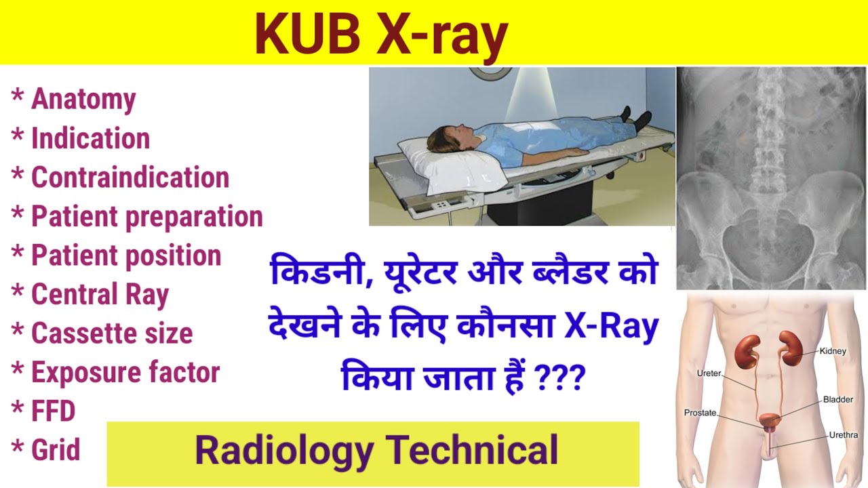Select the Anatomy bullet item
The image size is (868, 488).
click(x=83, y=100)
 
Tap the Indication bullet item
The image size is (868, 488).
click(x=90, y=139)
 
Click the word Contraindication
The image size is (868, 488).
click(x=130, y=178)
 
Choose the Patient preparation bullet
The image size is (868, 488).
click(x=146, y=217)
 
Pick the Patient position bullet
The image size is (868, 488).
click(x=125, y=256)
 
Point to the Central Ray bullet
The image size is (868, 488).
click(x=99, y=295)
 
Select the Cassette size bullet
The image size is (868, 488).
click(x=111, y=333)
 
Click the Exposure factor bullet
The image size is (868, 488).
click(x=125, y=373)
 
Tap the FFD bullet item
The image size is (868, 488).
click(x=53, y=411)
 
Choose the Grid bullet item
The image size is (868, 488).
click(x=55, y=450)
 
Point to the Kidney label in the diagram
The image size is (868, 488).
click(x=831, y=351)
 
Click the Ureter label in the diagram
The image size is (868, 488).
click(x=709, y=373)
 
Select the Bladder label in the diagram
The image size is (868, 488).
click(x=838, y=400)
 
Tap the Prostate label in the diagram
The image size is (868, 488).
click(x=700, y=412)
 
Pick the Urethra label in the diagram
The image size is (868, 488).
click(x=843, y=435)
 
